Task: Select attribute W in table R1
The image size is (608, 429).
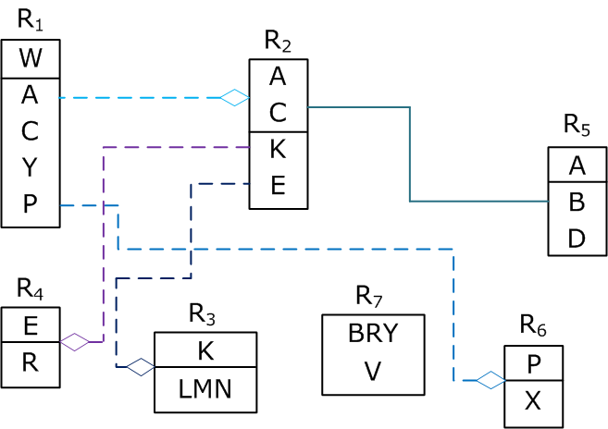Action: (x=31, y=59)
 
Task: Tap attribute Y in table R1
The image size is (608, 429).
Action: (x=30, y=167)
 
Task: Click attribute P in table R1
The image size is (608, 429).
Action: (x=30, y=204)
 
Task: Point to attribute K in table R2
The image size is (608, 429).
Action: (x=278, y=149)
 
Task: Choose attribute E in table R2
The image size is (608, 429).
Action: (x=278, y=186)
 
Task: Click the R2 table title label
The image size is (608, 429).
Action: (x=278, y=41)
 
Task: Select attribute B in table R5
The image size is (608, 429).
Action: (x=577, y=202)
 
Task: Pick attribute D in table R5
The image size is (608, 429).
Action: (x=577, y=239)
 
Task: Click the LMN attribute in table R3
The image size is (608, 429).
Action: (x=205, y=389)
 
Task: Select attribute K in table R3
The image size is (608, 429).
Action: (x=205, y=350)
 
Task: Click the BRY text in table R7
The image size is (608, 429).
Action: (x=373, y=334)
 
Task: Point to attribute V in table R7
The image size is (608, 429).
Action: (x=373, y=371)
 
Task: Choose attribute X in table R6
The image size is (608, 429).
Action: (x=533, y=400)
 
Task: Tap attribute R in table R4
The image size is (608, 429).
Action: (x=30, y=362)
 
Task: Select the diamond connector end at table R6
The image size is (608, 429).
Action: (x=489, y=379)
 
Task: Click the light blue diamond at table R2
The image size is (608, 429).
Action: (x=234, y=97)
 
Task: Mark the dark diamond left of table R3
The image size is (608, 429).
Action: (x=140, y=367)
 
